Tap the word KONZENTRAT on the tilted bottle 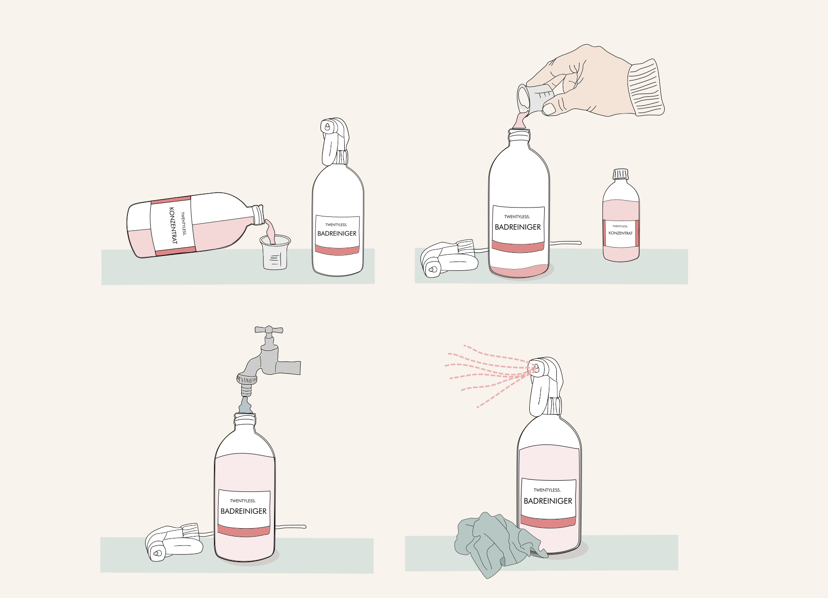click(173, 226)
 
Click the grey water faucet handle click(269, 330)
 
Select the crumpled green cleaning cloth click(498, 542)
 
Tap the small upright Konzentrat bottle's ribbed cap click(621, 174)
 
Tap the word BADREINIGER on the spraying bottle click(548, 501)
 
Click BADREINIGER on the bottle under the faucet click(244, 511)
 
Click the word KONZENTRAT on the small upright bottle click(621, 233)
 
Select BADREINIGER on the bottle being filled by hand click(518, 227)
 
